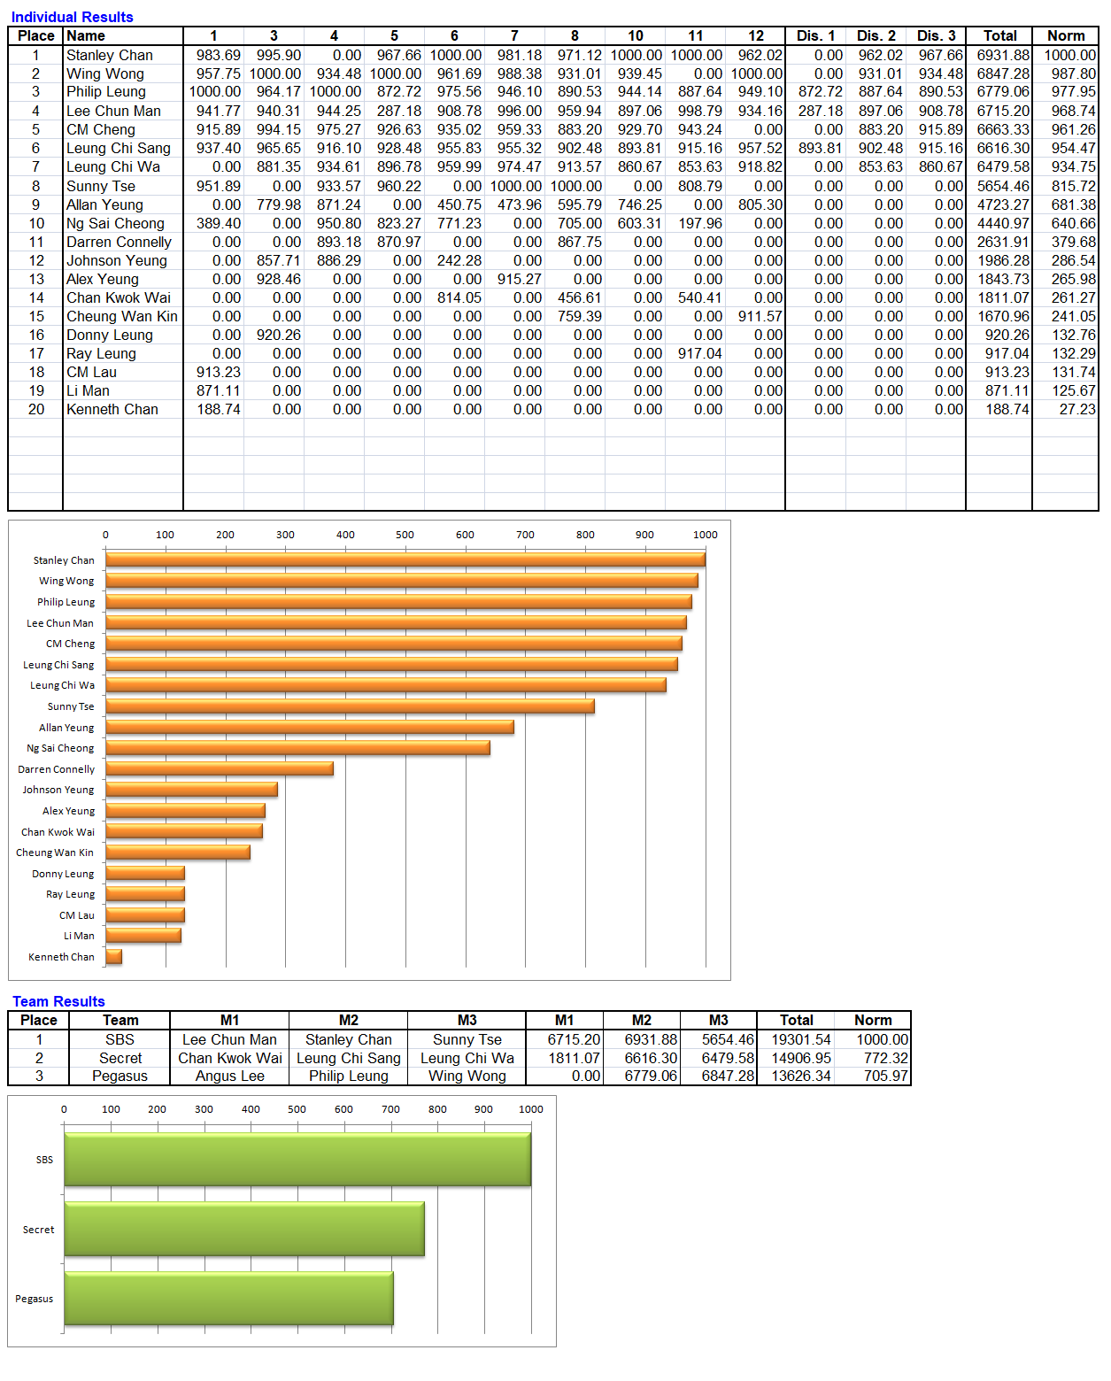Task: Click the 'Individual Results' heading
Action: pos(72,17)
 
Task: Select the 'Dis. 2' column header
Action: pos(876,36)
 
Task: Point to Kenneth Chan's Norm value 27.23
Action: pos(1077,409)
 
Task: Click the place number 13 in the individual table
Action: pos(36,279)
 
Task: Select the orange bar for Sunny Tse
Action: pos(350,706)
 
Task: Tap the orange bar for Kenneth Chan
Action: pos(113,956)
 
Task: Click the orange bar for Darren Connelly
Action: pos(220,768)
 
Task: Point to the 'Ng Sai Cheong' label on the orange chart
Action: pos(60,748)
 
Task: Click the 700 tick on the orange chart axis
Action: pos(525,535)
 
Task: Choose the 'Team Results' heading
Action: pos(58,1001)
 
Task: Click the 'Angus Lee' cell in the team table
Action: pos(230,1076)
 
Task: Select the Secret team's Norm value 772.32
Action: pos(886,1058)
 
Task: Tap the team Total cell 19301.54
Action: pos(801,1039)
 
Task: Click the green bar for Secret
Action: pos(244,1229)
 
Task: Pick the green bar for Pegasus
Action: pos(228,1298)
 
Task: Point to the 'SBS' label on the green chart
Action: pos(44,1160)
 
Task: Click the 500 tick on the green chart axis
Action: pos(297,1109)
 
